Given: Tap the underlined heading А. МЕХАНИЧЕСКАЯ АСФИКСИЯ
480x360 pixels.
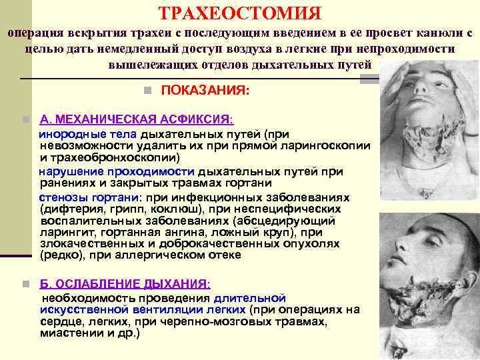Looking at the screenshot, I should point(136,120).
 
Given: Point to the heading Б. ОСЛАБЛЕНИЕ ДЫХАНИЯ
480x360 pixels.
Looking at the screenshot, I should point(125,283).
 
